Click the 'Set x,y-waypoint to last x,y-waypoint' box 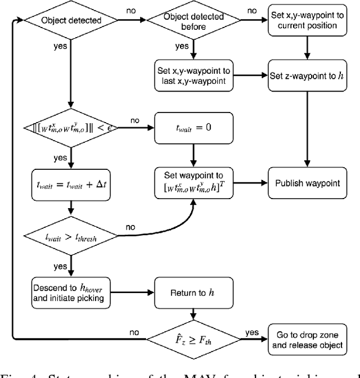193,75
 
